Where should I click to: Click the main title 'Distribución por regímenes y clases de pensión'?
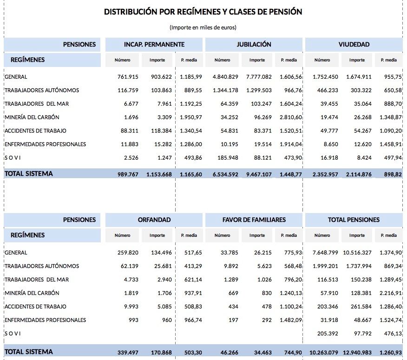click(203, 12)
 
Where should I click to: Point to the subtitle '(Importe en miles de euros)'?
click(203, 27)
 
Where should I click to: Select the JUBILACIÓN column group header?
click(254, 45)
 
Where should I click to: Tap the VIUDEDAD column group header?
click(354, 45)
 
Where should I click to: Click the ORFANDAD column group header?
click(154, 220)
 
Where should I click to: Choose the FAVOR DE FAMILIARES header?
click(254, 220)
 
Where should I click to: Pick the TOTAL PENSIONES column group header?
click(354, 220)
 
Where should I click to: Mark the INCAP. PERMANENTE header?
click(154, 45)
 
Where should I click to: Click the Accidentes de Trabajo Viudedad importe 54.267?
click(360, 131)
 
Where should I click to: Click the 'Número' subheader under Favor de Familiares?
click(222, 235)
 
